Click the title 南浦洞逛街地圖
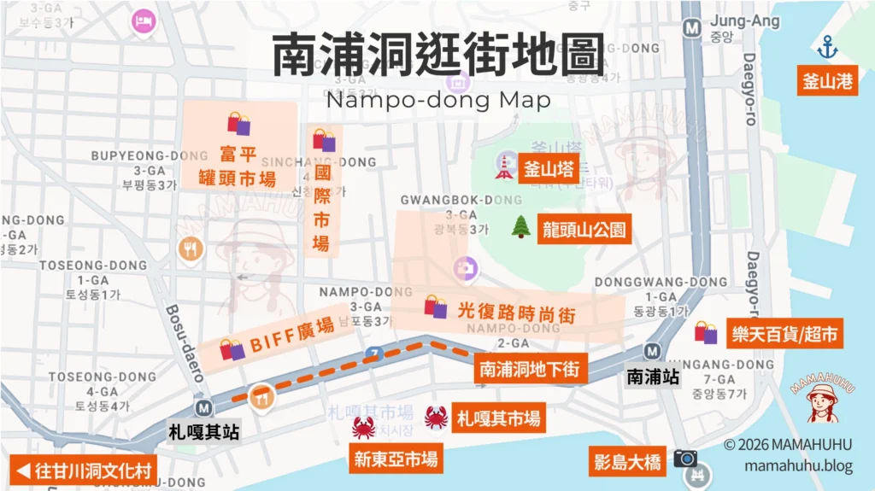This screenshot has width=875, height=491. click(437, 56)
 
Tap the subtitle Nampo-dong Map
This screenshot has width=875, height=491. click(437, 101)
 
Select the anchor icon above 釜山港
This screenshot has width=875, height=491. click(826, 47)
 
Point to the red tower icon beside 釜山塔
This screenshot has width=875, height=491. click(503, 167)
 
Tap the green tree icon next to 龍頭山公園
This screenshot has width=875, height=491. click(520, 226)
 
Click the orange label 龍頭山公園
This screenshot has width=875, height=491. click(584, 229)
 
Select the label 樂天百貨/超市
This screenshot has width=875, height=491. click(783, 332)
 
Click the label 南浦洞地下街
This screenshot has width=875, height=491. click(530, 369)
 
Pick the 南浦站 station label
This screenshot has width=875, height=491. click(653, 376)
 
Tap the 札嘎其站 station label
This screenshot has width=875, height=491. click(203, 431)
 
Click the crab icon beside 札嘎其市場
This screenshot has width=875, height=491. click(436, 418)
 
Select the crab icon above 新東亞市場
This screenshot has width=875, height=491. click(364, 428)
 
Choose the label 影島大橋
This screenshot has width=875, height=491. click(627, 462)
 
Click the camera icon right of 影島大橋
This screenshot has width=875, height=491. click(685, 459)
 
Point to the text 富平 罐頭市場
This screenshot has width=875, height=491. click(237, 166)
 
